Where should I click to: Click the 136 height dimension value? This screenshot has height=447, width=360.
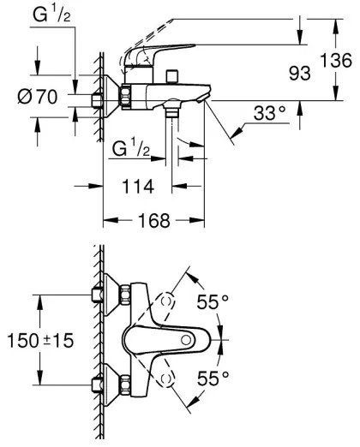[x=341, y=60]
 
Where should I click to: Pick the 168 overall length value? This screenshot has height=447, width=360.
[x=153, y=220]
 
